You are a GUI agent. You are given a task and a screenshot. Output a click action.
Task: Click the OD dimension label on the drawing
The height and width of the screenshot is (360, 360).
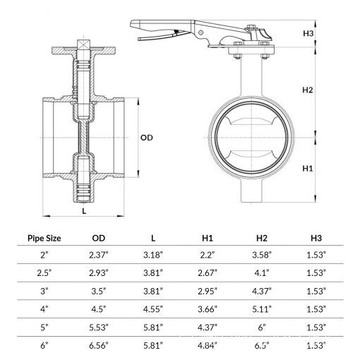tap(146, 138)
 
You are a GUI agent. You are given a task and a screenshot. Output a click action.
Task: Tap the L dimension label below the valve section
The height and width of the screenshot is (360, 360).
tap(84, 211)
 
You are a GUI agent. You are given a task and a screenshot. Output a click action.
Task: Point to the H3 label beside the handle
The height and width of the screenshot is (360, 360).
tap(308, 33)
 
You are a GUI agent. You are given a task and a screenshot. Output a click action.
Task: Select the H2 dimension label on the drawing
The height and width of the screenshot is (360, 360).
tap(308, 90)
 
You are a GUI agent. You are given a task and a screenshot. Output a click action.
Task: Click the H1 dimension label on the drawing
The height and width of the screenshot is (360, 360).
tap(308, 169)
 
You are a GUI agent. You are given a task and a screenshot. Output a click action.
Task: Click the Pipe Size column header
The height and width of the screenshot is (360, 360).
tap(44, 238)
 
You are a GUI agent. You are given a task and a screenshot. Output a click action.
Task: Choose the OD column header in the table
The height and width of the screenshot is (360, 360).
tap(99, 238)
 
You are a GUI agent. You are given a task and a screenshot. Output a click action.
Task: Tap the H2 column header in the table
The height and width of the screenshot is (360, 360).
tap(262, 238)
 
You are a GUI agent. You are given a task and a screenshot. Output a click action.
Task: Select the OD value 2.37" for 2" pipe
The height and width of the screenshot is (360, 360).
tap(99, 255)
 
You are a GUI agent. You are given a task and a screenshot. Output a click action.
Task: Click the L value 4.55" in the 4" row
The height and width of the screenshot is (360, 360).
tap(153, 309)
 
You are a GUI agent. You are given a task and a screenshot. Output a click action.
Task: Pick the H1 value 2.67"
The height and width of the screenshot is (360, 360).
tap(208, 273)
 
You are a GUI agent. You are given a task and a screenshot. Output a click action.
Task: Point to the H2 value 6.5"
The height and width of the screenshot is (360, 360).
tap(262, 345)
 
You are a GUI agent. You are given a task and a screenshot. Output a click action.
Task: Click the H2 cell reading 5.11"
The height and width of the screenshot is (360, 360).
tap(262, 309)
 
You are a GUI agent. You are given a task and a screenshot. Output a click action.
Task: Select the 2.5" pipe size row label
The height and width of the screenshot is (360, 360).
tap(44, 273)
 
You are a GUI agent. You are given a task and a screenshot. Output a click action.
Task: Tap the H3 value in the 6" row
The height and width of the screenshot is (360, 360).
tap(316, 345)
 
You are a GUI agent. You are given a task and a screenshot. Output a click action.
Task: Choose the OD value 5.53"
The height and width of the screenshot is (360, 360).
tap(99, 328)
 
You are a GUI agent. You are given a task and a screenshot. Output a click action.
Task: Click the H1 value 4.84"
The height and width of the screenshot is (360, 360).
tap(208, 345)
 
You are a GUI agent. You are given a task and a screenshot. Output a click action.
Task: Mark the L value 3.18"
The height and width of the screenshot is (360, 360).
tap(153, 255)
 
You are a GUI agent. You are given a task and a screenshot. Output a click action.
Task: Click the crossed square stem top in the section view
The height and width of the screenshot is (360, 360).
tap(84, 44)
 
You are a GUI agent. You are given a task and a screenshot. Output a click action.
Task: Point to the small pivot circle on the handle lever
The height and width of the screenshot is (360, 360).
tap(200, 32)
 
